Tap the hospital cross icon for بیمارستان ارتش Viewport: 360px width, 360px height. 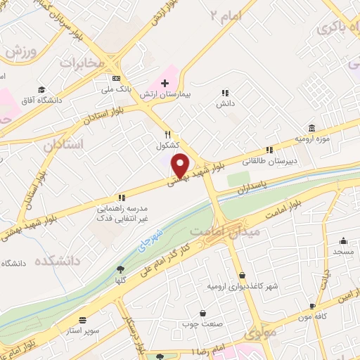[165, 83]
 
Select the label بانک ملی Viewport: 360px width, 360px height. [117, 89]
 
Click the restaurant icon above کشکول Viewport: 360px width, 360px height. [167, 135]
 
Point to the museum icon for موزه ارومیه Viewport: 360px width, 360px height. [311, 128]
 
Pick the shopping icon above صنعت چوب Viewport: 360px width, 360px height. [203, 313]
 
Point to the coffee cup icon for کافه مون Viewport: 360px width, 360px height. [313, 306]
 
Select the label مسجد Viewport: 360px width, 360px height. [343, 251]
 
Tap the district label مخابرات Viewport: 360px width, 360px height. [82, 63]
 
